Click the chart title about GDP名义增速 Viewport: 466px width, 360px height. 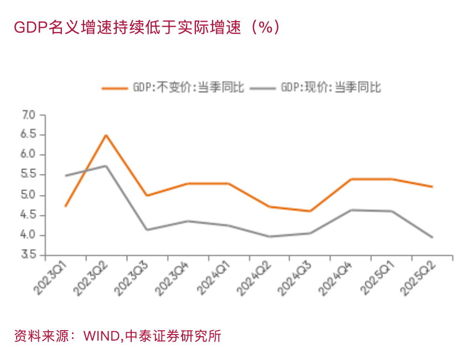click(x=147, y=27)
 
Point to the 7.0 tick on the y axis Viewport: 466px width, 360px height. click(x=28, y=115)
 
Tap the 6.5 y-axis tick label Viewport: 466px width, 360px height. click(x=28, y=135)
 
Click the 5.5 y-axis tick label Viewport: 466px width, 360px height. click(x=28, y=175)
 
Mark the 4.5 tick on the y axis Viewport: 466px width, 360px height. click(x=28, y=215)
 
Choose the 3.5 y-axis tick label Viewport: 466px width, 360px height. click(x=28, y=255)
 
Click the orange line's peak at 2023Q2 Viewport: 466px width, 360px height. click(x=106, y=135)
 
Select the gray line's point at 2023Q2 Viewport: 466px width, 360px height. click(x=106, y=166)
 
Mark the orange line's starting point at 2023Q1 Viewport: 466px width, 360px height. click(x=66, y=206)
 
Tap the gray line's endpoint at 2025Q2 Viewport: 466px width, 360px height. click(x=432, y=237)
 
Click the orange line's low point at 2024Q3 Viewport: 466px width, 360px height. click(x=310, y=211)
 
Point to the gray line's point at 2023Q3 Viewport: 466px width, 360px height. click(x=147, y=229)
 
